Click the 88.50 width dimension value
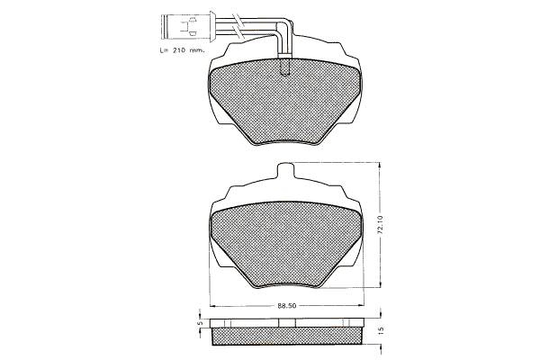(x=287, y=306)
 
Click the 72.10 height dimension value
(x=381, y=225)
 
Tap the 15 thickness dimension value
(x=381, y=330)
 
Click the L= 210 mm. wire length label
(x=182, y=50)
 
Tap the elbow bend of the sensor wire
(x=284, y=27)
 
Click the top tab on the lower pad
(x=286, y=170)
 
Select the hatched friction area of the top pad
(x=284, y=102)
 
